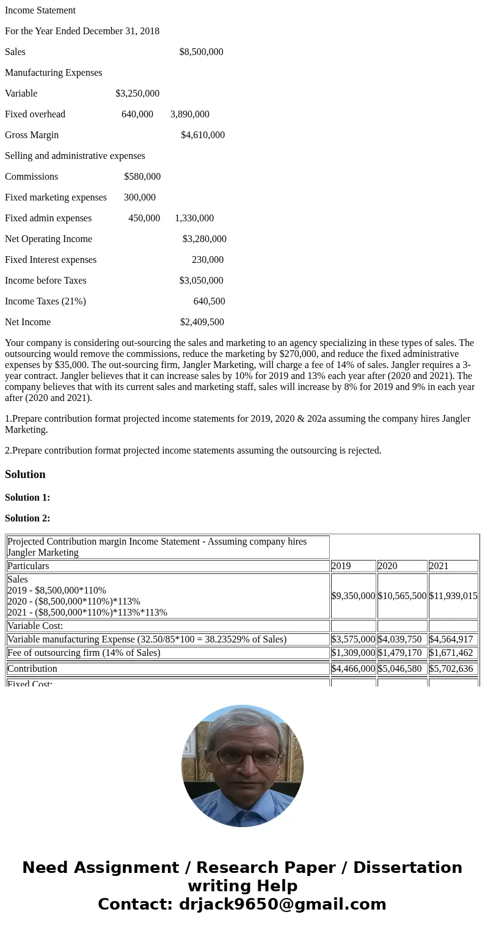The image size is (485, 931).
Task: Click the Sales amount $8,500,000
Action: (201, 52)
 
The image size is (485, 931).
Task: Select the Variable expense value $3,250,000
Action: (137, 94)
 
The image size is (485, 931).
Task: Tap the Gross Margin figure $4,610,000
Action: (202, 135)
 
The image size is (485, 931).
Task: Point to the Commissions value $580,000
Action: (142, 177)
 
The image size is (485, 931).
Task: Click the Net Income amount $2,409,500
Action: (202, 322)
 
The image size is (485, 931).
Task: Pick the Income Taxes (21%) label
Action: (45, 301)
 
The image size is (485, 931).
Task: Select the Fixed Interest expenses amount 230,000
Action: (208, 260)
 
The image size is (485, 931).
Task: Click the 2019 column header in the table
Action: (341, 566)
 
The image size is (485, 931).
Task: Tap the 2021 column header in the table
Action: (439, 566)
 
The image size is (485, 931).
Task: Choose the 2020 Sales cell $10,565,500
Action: (402, 596)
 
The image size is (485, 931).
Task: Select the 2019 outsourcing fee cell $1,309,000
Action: (353, 653)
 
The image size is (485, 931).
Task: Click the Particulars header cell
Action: (28, 566)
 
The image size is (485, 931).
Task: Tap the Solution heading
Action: (25, 474)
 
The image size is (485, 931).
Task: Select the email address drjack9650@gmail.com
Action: (282, 904)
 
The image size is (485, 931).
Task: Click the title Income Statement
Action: (40, 10)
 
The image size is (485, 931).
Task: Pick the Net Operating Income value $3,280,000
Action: (204, 239)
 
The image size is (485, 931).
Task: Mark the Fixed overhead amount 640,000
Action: (137, 114)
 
